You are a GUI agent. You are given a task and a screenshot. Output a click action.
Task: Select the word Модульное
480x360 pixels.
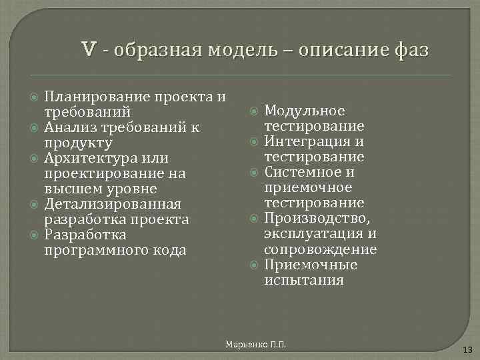pos(305,111)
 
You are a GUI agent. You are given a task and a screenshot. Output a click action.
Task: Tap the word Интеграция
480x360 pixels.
pos(305,142)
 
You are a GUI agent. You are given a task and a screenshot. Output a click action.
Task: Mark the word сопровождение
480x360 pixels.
pos(320,249)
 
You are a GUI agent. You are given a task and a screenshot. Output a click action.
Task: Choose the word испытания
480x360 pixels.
pos(304,280)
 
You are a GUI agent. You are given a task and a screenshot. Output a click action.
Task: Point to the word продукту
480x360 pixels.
pos(78,143)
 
